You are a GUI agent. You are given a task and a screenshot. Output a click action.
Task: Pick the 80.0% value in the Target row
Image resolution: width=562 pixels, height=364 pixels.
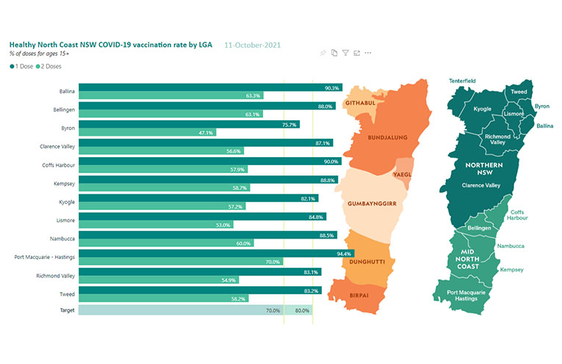[x=302, y=310]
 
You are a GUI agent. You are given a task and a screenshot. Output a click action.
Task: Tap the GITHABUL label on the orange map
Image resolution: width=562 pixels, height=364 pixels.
[x=361, y=103]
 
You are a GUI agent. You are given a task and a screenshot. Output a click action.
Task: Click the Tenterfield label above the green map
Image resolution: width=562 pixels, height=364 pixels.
[x=465, y=81]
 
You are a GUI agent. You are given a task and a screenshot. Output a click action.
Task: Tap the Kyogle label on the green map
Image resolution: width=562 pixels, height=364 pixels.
[x=483, y=109]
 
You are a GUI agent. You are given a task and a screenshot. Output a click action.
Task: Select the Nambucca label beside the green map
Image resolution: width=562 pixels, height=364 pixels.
[x=510, y=247]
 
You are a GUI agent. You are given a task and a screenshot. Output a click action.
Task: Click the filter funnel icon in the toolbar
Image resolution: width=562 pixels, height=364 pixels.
[x=345, y=53]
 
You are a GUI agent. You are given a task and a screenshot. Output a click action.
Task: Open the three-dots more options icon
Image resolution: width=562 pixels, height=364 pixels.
[x=368, y=53]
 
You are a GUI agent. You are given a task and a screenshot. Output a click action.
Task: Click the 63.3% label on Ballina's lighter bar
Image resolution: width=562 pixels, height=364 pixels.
[x=253, y=96]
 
